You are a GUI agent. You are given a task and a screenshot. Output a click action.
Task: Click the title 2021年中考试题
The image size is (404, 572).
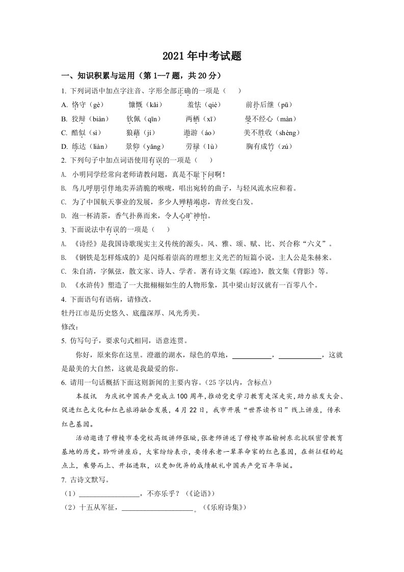pos(202,56)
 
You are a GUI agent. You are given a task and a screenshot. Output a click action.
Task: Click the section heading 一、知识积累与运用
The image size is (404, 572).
pos(97,76)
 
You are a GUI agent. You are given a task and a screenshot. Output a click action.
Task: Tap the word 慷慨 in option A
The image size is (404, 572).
pos(135,105)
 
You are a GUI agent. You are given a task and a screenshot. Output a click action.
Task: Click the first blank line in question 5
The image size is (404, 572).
pos(252,355)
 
